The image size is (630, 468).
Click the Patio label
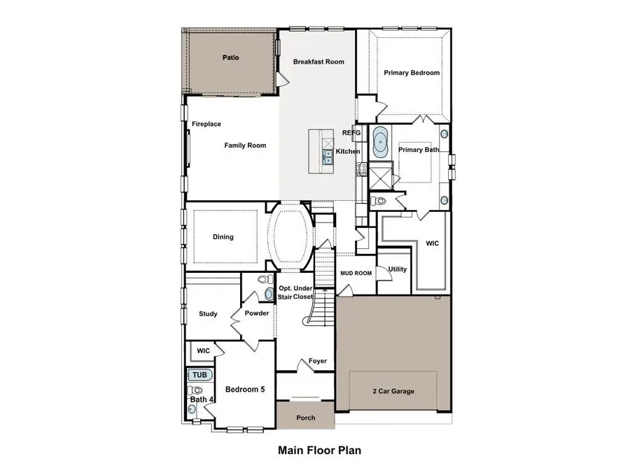230,57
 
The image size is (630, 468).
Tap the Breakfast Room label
318,62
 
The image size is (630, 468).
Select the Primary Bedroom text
412,73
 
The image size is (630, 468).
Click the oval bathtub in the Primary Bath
381,142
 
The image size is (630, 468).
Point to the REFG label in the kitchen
351,132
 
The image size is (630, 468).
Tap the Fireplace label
206,124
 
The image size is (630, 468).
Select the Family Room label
245,146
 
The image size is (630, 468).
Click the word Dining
223,237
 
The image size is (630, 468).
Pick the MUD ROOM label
356,273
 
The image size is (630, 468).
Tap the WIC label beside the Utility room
433,244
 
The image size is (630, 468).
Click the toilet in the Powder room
265,281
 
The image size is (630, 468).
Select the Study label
209,314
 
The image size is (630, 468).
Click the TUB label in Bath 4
199,375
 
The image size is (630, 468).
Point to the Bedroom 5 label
244,390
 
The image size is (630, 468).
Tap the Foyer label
317,361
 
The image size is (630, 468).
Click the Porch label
305,418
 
